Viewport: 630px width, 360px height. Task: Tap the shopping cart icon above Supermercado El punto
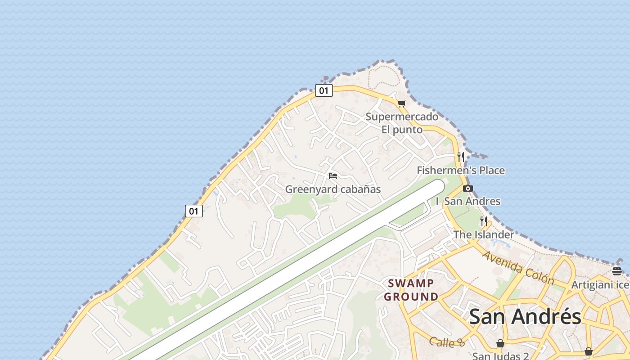click(401, 104)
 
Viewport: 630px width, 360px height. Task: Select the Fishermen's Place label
click(460, 171)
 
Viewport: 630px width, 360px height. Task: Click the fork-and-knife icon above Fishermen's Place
click(460, 157)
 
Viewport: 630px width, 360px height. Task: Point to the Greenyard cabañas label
click(333, 189)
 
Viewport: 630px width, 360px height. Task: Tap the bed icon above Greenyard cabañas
click(333, 175)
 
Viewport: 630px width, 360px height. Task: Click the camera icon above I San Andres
click(468, 188)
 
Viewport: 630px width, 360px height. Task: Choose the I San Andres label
click(468, 201)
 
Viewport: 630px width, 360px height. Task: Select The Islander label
click(483, 234)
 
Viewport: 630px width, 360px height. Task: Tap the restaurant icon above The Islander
click(484, 221)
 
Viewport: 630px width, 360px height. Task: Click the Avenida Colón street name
click(518, 268)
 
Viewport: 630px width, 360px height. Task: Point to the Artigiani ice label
click(600, 285)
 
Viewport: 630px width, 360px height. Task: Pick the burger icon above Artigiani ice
click(616, 271)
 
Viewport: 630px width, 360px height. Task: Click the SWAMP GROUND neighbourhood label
click(411, 290)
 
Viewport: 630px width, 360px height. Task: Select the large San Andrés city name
click(525, 316)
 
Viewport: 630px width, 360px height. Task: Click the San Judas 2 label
click(500, 356)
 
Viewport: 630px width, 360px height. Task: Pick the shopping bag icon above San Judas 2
click(500, 344)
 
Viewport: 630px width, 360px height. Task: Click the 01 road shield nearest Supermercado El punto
click(324, 90)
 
